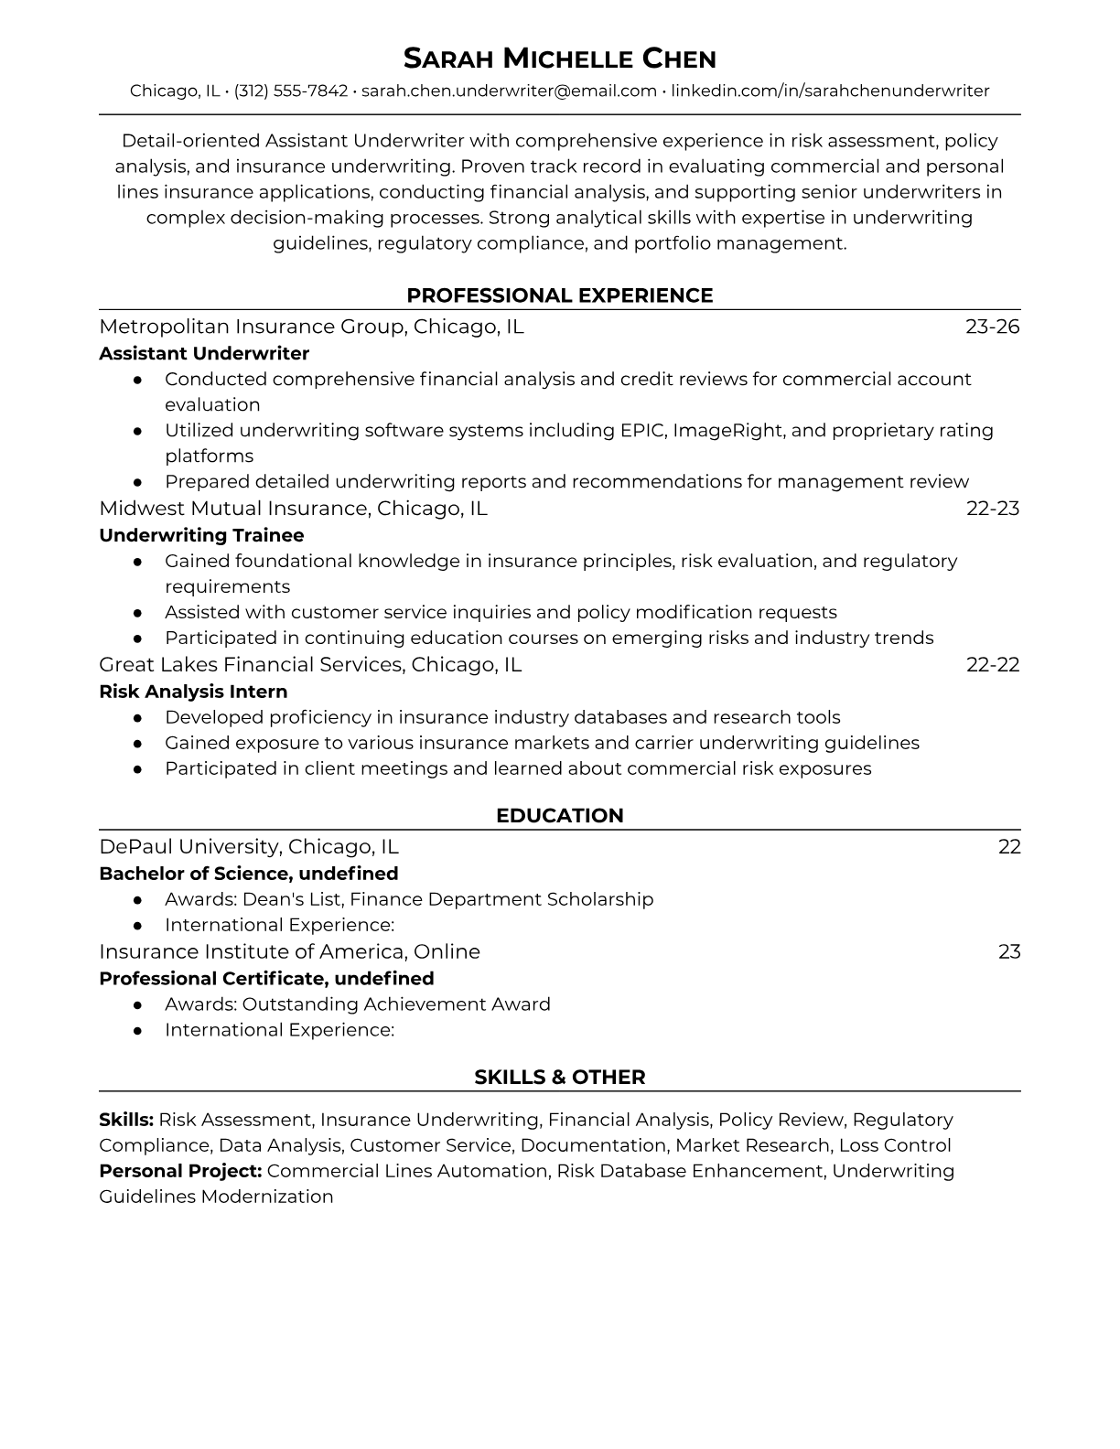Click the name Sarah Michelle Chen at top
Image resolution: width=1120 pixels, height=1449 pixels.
pyautogui.click(x=559, y=59)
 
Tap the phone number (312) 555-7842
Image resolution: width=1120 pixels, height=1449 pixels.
pyautogui.click(x=291, y=91)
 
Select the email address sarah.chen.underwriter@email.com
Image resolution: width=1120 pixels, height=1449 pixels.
pyautogui.click(x=509, y=91)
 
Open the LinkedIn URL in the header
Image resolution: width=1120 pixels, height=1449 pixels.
pyautogui.click(x=830, y=91)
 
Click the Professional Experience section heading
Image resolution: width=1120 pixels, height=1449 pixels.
pyautogui.click(x=559, y=295)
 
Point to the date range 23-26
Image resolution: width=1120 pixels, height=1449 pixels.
pyautogui.click(x=992, y=327)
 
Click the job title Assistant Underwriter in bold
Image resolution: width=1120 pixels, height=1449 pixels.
pyautogui.click(x=204, y=353)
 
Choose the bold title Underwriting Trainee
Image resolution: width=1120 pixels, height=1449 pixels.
pyautogui.click(x=201, y=535)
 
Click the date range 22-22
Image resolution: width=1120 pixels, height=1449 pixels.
pyautogui.click(x=992, y=664)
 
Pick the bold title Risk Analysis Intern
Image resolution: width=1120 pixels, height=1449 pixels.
pyautogui.click(x=193, y=692)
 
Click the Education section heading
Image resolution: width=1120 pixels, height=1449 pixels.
pyautogui.click(x=559, y=816)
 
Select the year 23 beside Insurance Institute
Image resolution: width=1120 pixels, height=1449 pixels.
pyautogui.click(x=1008, y=951)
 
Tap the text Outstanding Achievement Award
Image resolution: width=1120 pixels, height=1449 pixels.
pyautogui.click(x=396, y=1004)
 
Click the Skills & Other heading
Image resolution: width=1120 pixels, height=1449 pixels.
pyautogui.click(x=559, y=1078)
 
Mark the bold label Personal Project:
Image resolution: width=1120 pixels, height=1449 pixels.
pyautogui.click(x=180, y=1171)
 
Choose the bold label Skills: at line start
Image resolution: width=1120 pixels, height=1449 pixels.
pyautogui.click(x=126, y=1120)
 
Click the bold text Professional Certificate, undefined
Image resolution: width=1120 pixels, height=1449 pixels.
pyautogui.click(x=266, y=978)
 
